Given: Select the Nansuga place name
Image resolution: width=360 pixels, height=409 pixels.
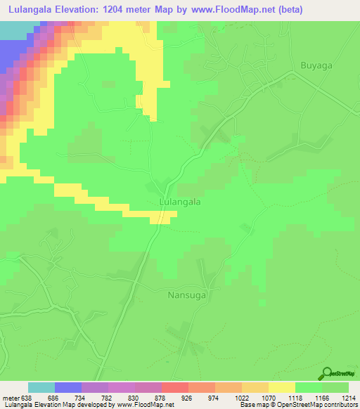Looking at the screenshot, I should (186, 296).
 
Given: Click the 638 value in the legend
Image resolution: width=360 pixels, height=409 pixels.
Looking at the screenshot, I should (27, 398).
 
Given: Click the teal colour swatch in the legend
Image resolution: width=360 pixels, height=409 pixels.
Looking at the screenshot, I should (41, 387).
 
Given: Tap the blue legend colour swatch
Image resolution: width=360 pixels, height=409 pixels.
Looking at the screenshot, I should (68, 387).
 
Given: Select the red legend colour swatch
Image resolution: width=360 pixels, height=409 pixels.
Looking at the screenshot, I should (175, 387).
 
